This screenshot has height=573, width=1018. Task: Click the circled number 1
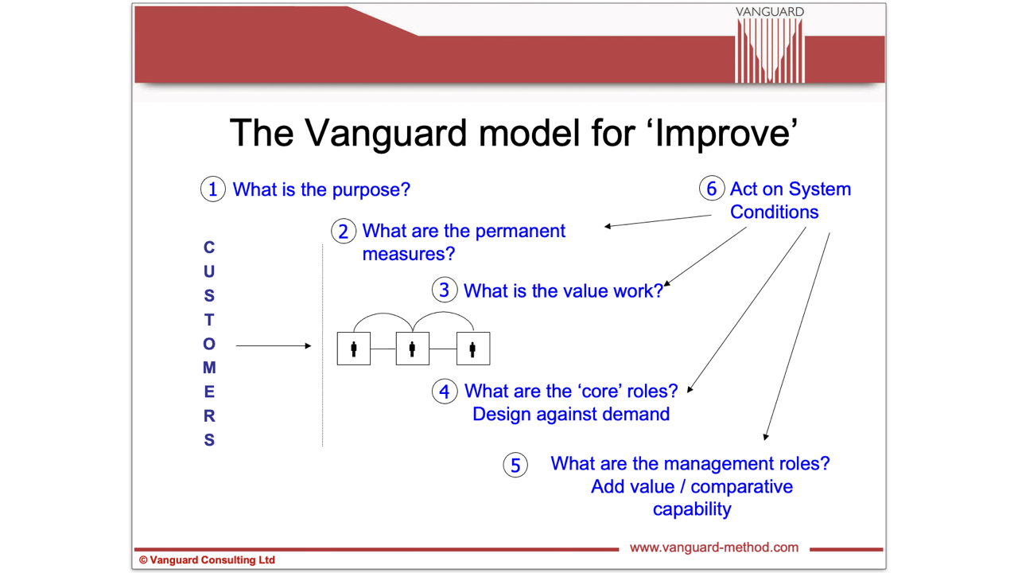[x=212, y=189]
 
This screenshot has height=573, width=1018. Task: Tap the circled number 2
[x=344, y=231]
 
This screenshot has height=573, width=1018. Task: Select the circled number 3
[x=445, y=290]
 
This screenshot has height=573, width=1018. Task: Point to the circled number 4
[x=445, y=391]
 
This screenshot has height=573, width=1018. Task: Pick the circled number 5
[x=515, y=465]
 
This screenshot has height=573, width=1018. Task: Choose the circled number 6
[x=712, y=189]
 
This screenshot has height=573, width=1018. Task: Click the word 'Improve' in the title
[x=722, y=133]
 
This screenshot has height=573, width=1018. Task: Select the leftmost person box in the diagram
[x=354, y=349]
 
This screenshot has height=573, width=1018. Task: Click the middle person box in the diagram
[x=413, y=349]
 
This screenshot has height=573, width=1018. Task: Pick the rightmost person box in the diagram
[x=472, y=349]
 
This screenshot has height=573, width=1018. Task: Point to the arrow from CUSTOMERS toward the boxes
[x=274, y=345]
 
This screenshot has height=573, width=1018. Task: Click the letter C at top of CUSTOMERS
[x=209, y=248]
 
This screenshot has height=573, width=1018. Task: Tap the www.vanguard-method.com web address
[x=713, y=548]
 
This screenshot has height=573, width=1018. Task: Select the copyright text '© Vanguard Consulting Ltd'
[x=207, y=560]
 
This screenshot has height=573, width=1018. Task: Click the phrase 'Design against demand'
[x=570, y=414]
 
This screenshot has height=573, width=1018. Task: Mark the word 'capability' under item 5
[x=691, y=509]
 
